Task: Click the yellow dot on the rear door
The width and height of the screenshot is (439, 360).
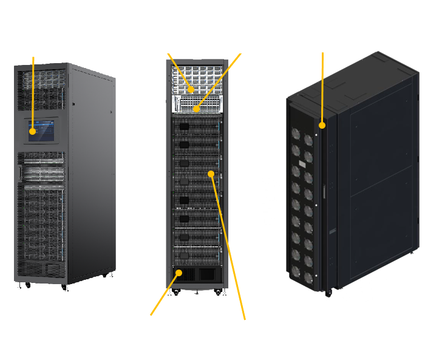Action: click(322, 126)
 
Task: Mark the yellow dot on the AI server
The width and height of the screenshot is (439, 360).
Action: click(211, 174)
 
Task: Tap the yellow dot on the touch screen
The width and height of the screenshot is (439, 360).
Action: click(33, 129)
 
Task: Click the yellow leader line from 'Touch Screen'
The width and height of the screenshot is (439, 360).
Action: click(33, 91)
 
